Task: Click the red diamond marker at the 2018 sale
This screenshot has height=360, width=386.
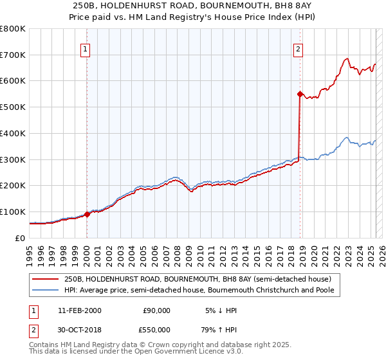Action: (x=300, y=94)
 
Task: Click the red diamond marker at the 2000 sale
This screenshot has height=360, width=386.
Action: (x=87, y=215)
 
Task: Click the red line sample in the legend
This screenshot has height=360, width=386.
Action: (x=46, y=279)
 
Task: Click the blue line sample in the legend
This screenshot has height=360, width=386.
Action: (x=46, y=290)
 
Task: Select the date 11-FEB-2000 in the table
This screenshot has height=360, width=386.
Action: (x=79, y=310)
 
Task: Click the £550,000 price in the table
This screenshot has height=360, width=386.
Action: (x=156, y=329)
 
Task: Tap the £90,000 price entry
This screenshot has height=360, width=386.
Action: (x=156, y=310)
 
